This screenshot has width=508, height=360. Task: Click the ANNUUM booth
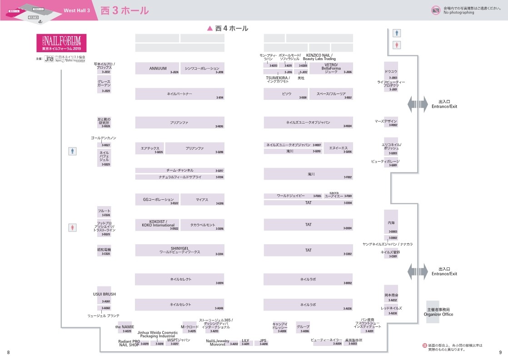click(158, 68)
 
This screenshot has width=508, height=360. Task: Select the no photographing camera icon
click(435, 10)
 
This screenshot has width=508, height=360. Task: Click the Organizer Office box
click(433, 311)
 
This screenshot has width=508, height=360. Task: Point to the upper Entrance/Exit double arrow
click(417, 104)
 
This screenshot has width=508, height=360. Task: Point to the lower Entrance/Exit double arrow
click(417, 271)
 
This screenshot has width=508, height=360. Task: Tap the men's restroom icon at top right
click(398, 33)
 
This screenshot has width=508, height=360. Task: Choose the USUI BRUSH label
click(105, 294)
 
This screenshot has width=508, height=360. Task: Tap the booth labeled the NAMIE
click(125, 327)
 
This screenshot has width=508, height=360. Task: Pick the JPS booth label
click(263, 340)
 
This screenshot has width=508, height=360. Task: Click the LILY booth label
click(245, 340)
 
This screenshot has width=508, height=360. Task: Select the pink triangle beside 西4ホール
click(209, 28)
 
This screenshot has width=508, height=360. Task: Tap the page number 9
click(500, 352)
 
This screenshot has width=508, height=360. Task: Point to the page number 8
click(8, 352)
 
